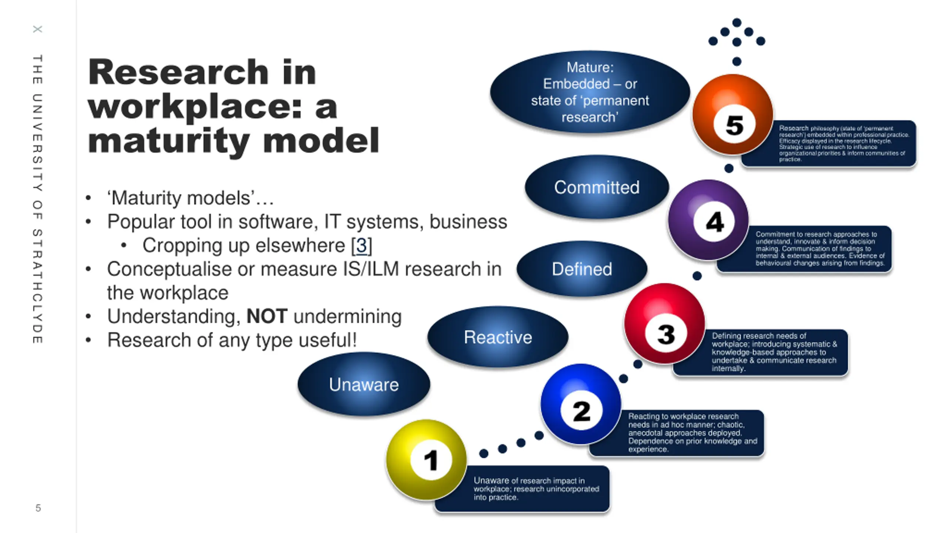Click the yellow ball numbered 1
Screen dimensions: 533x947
point(426,460)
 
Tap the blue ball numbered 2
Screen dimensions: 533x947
point(580,404)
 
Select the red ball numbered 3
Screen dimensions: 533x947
point(664,324)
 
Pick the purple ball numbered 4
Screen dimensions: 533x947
point(708,220)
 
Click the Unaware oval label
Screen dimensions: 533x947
point(364,384)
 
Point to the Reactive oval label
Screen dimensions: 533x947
point(498,337)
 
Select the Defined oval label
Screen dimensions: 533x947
point(582,269)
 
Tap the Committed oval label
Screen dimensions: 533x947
point(597,187)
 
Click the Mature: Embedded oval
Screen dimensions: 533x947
point(590,92)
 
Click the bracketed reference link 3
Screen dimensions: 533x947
point(361,245)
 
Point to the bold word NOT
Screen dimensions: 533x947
point(267,316)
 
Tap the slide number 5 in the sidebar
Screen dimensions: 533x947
point(38,508)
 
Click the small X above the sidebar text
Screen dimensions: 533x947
point(37,29)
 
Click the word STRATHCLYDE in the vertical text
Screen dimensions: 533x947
point(37,287)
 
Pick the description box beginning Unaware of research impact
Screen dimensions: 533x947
point(536,489)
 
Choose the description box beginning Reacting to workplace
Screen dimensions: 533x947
point(692,433)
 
